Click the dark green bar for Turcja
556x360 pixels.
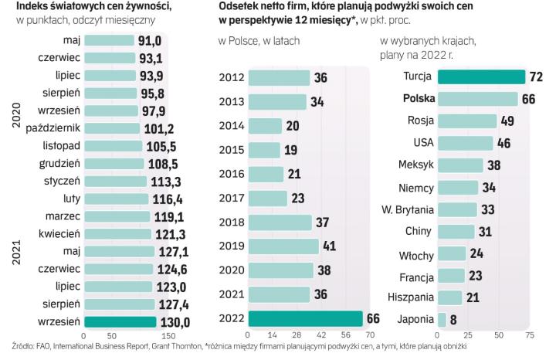click(480, 76)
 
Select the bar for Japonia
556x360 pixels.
click(442, 319)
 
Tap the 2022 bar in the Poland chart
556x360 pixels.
click(304, 318)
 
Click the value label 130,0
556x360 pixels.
click(175, 322)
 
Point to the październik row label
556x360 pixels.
click(54, 127)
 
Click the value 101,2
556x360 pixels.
click(159, 127)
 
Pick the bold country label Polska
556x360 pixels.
click(414, 99)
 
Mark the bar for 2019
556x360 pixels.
click(283, 246)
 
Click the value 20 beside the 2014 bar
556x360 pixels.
click(293, 126)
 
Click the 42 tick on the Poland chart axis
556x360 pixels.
click(320, 337)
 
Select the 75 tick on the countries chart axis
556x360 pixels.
click(530, 337)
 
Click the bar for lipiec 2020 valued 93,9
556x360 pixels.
click(108, 75)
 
